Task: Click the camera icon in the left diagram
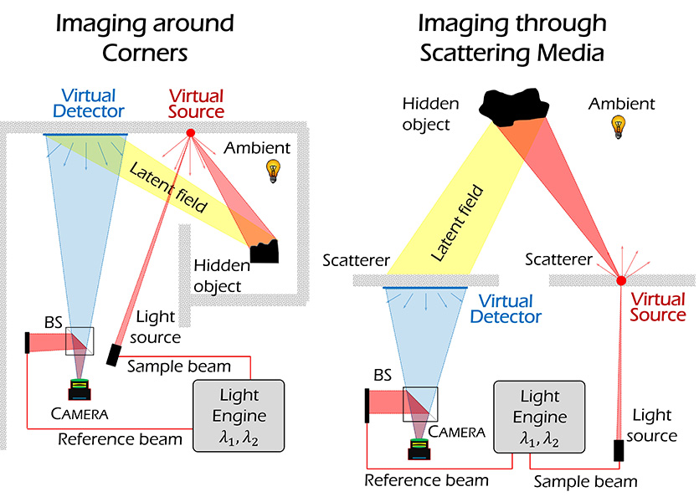[81, 389]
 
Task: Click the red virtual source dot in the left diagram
[190, 133]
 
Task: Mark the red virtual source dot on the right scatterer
[621, 279]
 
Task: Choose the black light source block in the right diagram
[619, 450]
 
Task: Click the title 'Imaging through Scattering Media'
[512, 38]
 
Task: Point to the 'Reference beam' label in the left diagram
[120, 438]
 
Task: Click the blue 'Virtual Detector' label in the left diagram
[88, 103]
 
